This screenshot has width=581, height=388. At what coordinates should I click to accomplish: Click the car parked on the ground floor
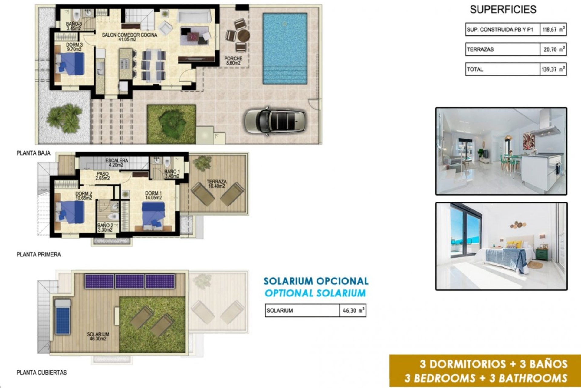click(x=275, y=121)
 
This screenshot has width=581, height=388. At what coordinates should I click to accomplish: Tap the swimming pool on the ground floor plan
click(x=285, y=48)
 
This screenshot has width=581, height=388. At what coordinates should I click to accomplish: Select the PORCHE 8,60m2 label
click(x=233, y=61)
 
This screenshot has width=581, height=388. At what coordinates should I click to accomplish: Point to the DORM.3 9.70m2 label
click(x=74, y=47)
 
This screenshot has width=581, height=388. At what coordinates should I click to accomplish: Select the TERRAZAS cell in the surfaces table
click(x=502, y=49)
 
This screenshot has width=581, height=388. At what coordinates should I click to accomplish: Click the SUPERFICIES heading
click(x=503, y=10)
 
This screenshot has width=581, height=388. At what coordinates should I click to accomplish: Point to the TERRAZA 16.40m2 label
click(x=216, y=184)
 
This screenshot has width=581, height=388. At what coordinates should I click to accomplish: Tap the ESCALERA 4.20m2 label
click(x=117, y=162)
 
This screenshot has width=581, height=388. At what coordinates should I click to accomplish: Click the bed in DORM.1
click(x=153, y=216)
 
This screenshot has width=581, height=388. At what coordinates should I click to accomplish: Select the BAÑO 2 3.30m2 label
click(x=105, y=228)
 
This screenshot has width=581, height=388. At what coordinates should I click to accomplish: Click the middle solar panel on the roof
click(x=130, y=281)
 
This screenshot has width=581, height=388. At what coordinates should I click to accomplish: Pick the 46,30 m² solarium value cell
click(x=353, y=311)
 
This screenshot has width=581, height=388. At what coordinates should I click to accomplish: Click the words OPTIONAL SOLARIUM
click(x=315, y=293)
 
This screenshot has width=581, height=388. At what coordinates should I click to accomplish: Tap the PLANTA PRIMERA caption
click(x=39, y=255)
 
